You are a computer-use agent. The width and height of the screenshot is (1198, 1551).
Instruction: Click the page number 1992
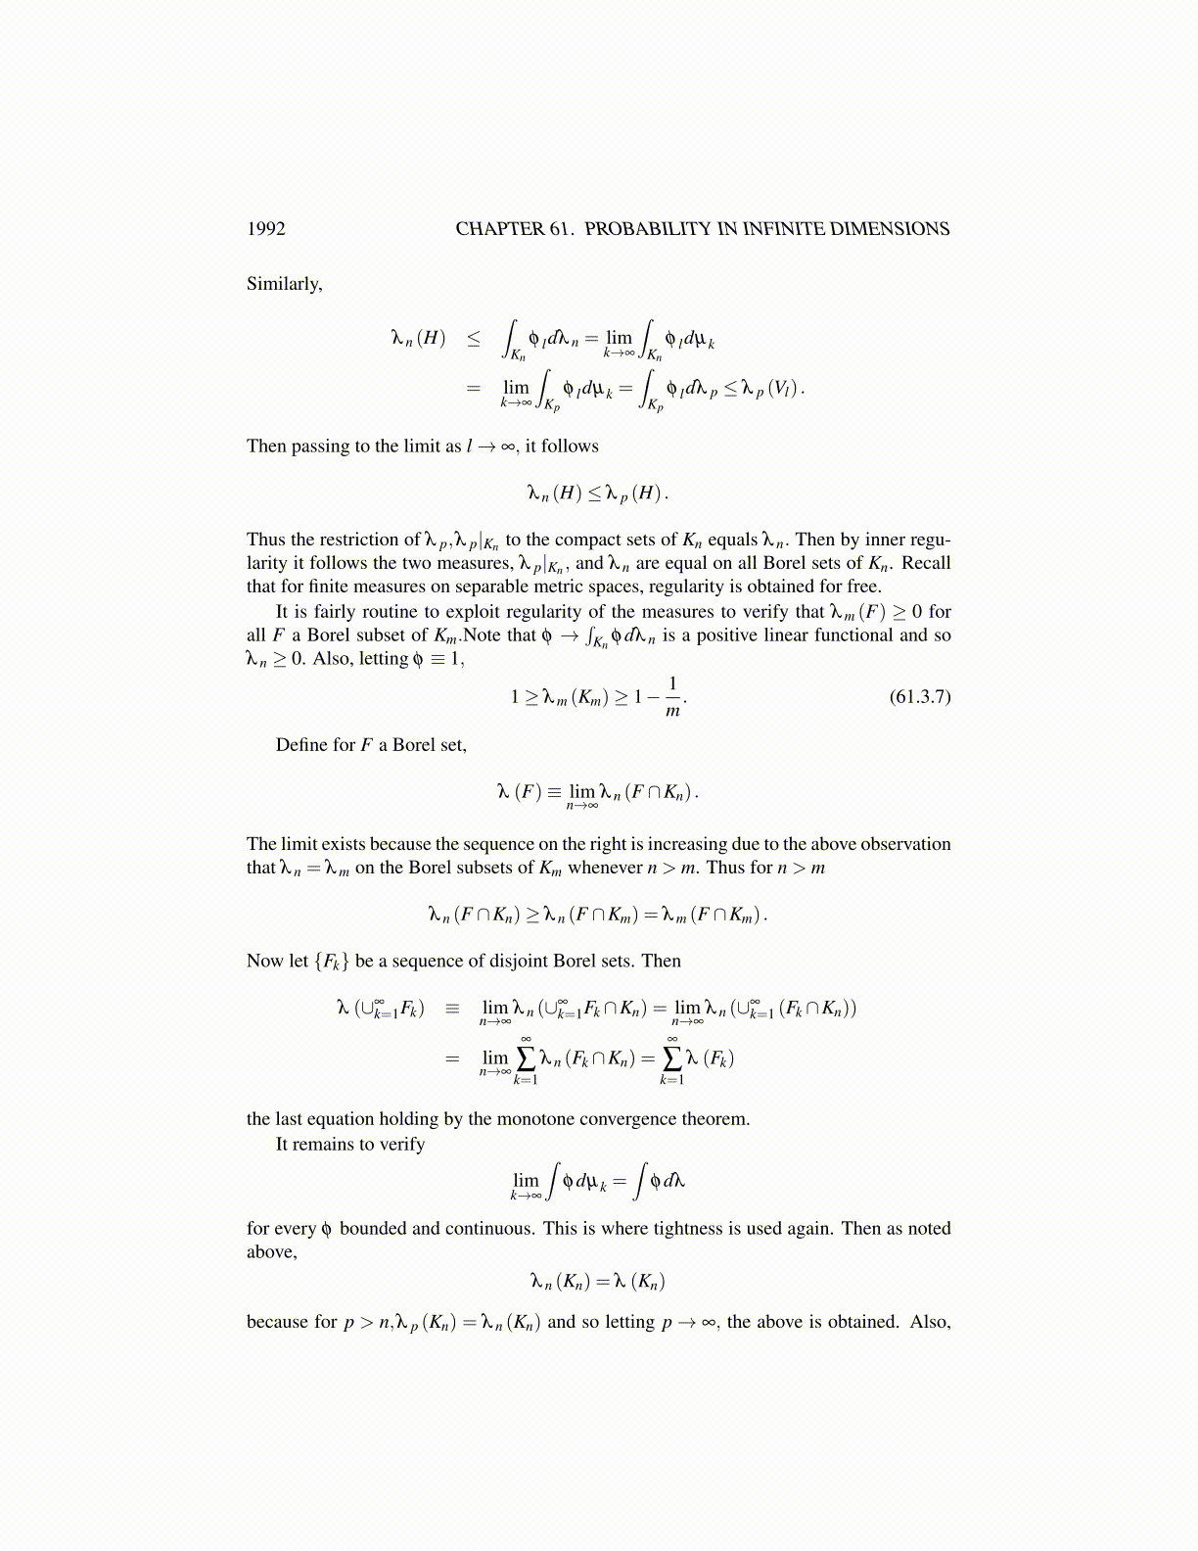click(x=266, y=229)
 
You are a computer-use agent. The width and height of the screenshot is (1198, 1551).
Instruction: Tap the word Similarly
click(x=284, y=284)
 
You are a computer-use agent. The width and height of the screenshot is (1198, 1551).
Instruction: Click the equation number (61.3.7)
click(x=919, y=697)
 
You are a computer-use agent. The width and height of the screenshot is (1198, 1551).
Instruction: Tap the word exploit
click(x=476, y=612)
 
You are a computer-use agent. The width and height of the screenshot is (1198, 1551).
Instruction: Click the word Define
click(x=301, y=745)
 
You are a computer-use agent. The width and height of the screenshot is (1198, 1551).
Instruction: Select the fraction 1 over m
click(x=672, y=697)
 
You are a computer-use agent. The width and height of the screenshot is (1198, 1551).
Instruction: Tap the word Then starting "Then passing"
click(x=266, y=446)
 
